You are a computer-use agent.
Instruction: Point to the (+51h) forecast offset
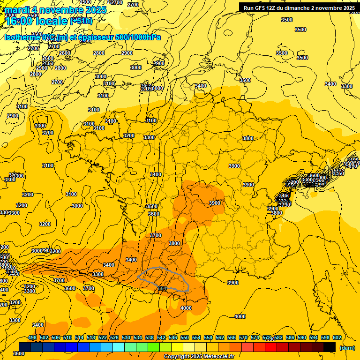tap(81, 21)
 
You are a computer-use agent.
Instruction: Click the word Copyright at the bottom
tap(177, 357)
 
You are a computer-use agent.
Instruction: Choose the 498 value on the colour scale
tap(32, 337)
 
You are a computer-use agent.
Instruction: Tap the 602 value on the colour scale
tap(337, 337)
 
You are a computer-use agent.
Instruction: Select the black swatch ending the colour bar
tap(330, 347)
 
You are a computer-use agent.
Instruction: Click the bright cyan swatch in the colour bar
tap(119, 347)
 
